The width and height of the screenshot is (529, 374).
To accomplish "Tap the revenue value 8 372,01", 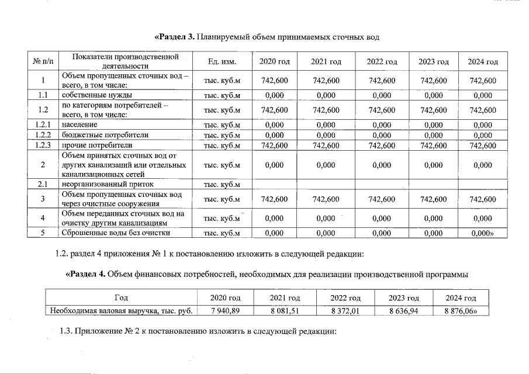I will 345,310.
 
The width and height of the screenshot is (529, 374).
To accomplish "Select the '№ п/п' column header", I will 43,61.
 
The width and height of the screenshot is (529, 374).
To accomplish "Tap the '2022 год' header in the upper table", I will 382,61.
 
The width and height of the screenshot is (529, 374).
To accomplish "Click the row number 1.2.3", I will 43,146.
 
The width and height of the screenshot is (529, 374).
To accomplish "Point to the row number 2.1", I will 43,185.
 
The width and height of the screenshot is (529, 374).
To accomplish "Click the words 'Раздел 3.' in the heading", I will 175,37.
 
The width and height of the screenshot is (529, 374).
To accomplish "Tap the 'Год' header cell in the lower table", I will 121,298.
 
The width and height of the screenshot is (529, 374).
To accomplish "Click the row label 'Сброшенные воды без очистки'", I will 116,233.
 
